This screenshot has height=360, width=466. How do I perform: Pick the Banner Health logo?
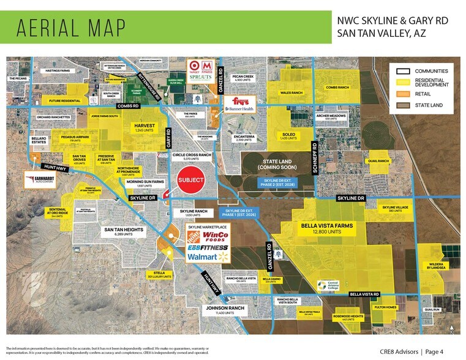(x=239, y=110)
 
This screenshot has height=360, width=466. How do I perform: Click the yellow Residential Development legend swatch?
(x=403, y=82)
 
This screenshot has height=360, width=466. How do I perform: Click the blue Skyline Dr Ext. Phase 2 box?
(x=271, y=182)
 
